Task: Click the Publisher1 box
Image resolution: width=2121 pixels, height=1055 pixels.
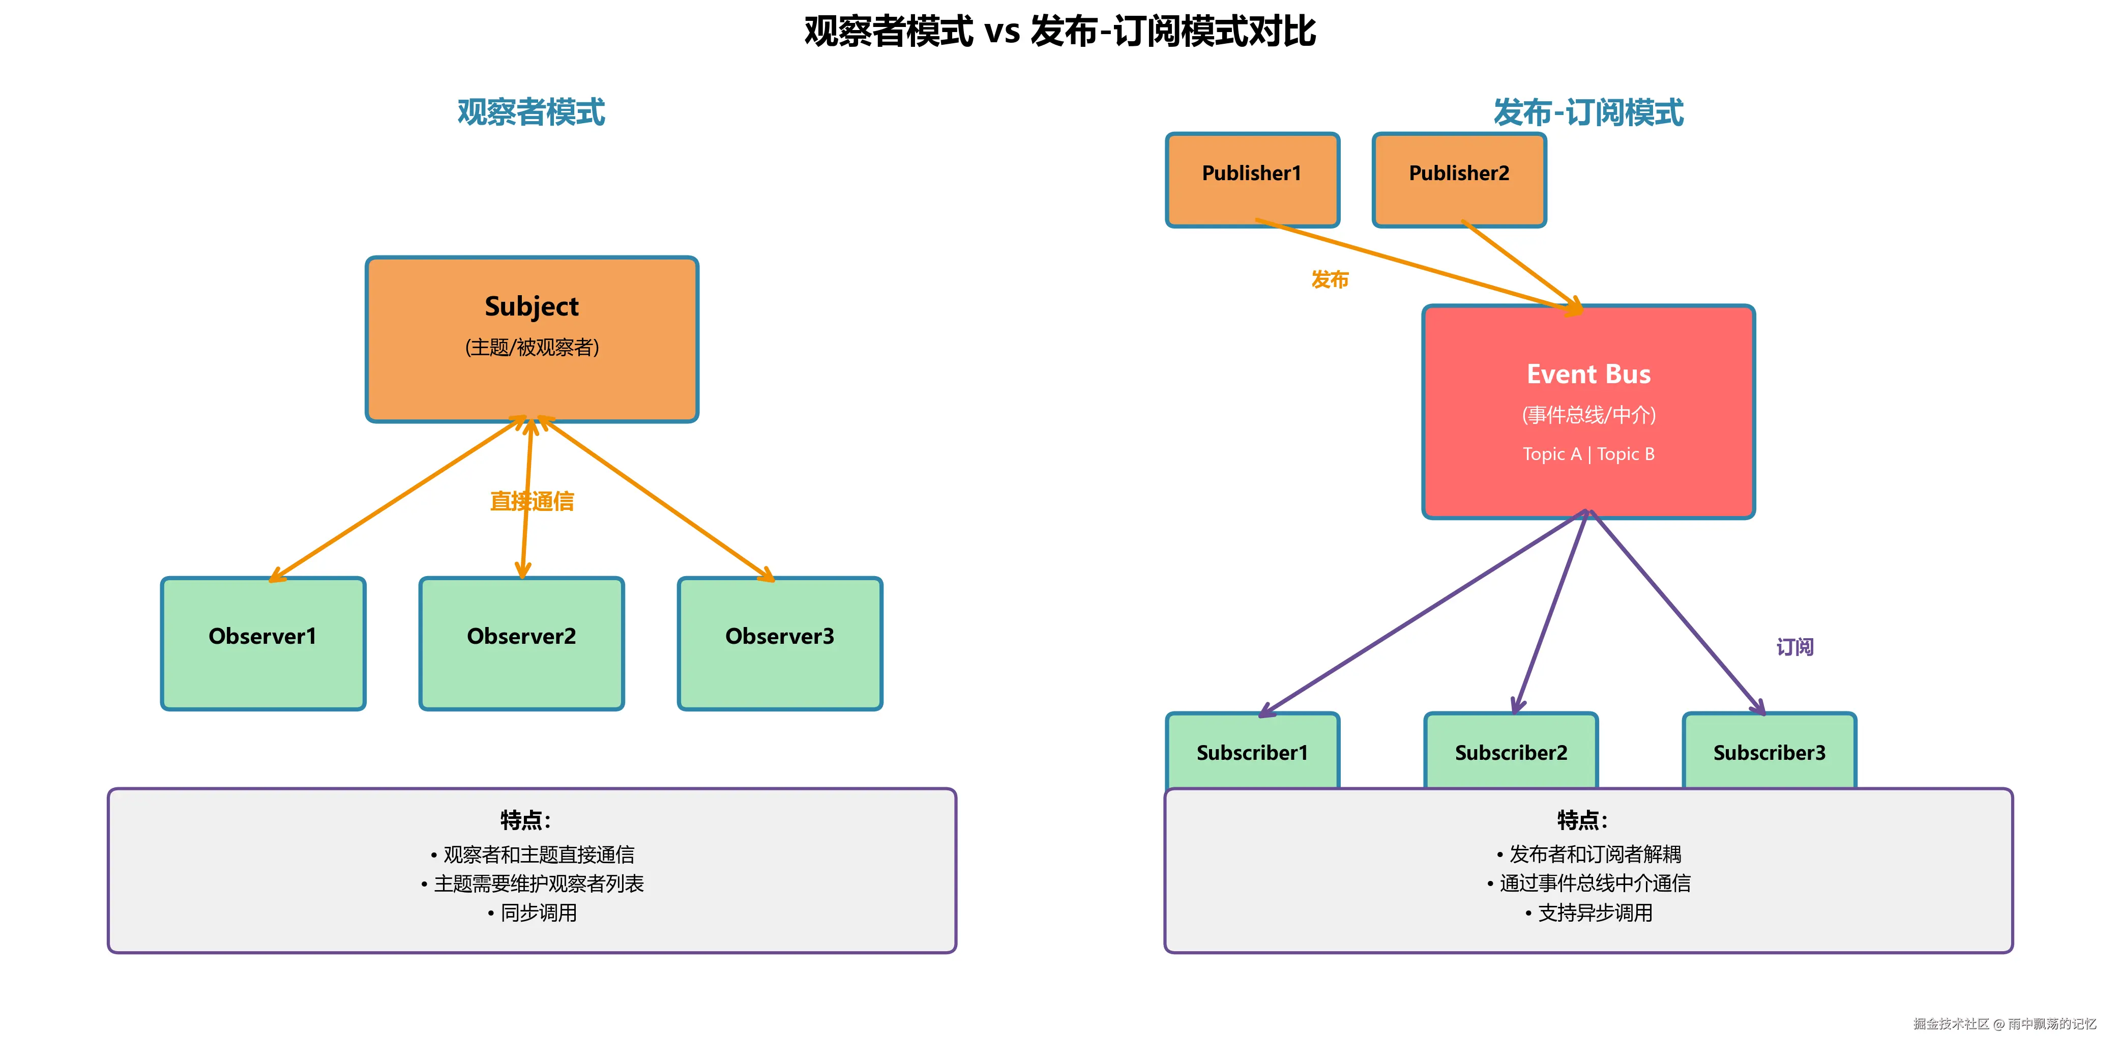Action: click(1252, 180)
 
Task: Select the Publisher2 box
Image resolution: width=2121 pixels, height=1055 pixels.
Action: click(1459, 180)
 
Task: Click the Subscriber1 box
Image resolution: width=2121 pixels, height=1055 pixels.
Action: click(1252, 751)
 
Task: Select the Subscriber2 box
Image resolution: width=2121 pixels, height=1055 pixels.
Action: click(1511, 751)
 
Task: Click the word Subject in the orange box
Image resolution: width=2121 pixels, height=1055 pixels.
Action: click(531, 306)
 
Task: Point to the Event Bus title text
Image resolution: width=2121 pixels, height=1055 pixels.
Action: click(1588, 374)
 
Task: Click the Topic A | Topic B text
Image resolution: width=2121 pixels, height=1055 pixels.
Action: click(1588, 454)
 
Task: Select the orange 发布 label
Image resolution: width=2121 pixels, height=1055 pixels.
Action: click(1330, 280)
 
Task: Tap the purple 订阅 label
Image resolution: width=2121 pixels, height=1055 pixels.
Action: click(1794, 647)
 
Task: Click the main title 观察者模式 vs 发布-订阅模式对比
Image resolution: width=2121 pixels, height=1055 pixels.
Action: click(1059, 31)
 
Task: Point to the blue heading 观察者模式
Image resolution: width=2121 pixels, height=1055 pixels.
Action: click(531, 112)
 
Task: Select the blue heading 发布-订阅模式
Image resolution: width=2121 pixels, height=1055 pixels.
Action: click(1588, 112)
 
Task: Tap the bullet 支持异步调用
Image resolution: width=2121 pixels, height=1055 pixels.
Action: click(1588, 913)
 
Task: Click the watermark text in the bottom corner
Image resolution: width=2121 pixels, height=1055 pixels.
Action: click(2004, 1024)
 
